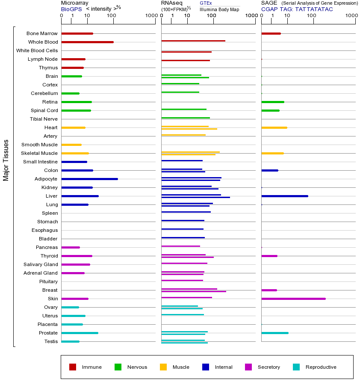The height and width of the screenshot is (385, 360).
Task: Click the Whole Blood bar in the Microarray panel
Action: click(87, 42)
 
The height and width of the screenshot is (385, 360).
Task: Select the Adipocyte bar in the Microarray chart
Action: click(89, 179)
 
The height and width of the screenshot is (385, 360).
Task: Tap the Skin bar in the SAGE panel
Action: click(293, 299)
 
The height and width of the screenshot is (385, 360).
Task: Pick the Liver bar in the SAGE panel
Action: click(284, 196)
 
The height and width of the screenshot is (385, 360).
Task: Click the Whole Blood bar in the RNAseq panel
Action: click(193, 41)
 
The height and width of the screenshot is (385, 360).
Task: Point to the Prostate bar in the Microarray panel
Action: click(80, 333)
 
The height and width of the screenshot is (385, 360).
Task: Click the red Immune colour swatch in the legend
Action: click(73, 367)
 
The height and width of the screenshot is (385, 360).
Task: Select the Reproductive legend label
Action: click(321, 367)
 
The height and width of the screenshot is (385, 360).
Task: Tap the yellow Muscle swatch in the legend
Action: click(163, 367)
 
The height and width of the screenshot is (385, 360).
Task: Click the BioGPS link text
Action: click(71, 9)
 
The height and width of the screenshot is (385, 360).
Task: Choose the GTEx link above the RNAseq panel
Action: click(206, 3)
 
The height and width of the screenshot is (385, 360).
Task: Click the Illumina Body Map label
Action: click(219, 9)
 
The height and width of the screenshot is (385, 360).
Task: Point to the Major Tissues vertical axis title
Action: click(6, 160)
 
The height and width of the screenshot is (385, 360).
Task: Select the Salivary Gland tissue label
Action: click(40, 264)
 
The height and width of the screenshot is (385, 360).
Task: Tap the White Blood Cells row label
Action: click(37, 50)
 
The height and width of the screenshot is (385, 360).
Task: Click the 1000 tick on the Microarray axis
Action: click(151, 16)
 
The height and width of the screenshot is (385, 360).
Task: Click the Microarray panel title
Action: click(74, 3)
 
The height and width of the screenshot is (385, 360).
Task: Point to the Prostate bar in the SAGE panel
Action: click(274, 333)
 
